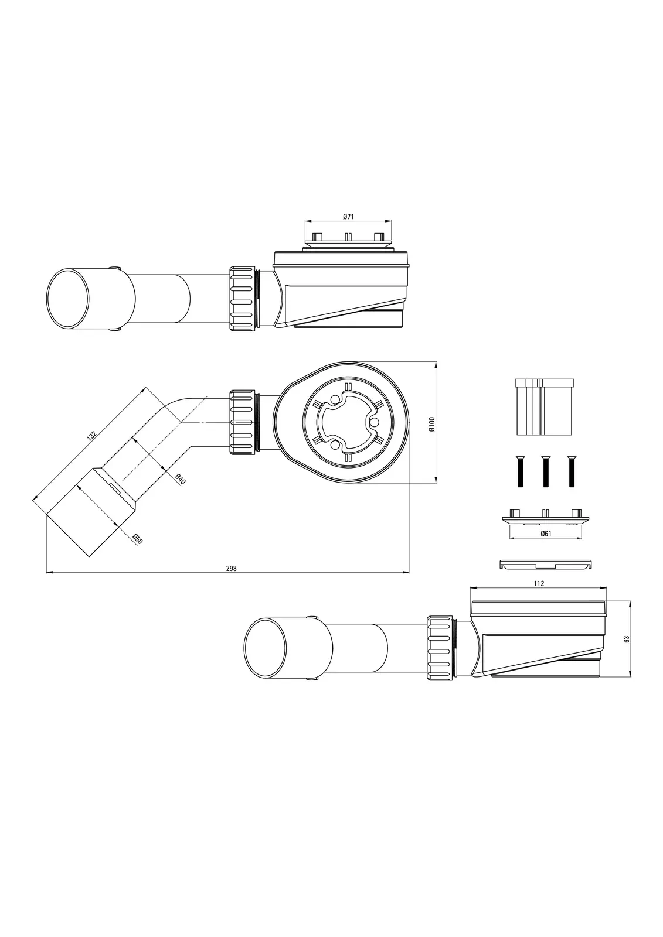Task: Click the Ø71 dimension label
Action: pyautogui.click(x=348, y=216)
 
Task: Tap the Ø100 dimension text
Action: pyautogui.click(x=433, y=424)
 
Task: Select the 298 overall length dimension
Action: pyautogui.click(x=231, y=568)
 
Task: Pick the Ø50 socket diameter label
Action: pyautogui.click(x=138, y=539)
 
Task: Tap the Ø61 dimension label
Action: pyautogui.click(x=546, y=534)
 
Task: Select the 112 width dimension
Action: pyautogui.click(x=539, y=583)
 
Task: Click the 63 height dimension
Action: pyautogui.click(x=627, y=639)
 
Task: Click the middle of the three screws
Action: pyautogui.click(x=545, y=471)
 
